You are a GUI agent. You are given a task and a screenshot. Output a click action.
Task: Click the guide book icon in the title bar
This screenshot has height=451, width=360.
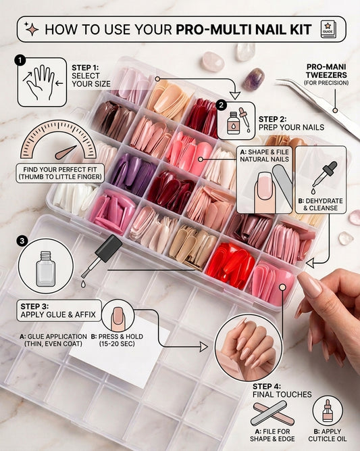(328, 29)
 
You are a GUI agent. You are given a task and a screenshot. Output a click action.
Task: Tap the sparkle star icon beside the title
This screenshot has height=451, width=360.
(31, 29)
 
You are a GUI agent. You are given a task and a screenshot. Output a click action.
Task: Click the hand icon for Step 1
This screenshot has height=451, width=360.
(41, 82)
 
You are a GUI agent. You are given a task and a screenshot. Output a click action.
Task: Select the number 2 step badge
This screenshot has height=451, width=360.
(221, 105)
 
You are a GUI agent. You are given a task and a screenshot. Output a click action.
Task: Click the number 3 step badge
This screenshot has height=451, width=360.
(22, 241)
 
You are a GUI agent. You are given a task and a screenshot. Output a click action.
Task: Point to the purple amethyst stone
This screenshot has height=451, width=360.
(253, 79)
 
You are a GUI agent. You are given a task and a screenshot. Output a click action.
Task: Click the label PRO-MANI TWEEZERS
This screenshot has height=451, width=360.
(326, 71)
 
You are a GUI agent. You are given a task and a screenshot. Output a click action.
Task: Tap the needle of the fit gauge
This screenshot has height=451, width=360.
(66, 152)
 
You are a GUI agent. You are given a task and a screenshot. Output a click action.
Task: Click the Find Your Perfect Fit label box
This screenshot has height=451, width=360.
(59, 173)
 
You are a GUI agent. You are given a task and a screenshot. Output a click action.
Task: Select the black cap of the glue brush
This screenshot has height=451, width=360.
(109, 248)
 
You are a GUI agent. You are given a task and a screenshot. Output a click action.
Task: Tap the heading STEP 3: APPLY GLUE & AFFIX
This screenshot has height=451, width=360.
(58, 310)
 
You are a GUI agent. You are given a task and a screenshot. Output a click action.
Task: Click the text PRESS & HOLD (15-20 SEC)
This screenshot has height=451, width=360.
(117, 340)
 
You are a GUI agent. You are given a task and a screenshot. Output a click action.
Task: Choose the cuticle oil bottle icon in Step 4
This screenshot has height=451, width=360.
(328, 410)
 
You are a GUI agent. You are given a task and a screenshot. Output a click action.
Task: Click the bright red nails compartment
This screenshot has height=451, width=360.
(230, 264)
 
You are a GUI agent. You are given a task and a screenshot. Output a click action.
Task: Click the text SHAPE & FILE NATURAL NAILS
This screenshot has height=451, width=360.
(264, 156)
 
